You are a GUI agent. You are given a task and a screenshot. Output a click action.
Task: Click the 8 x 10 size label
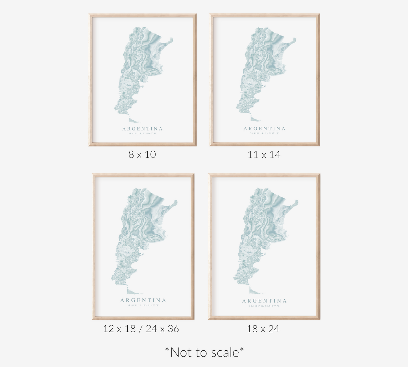pyautogui.click(x=142, y=154)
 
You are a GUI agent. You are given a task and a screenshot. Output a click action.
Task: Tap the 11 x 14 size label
pyautogui.click(x=264, y=154)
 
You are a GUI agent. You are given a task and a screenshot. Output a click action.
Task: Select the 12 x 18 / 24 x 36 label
pyautogui.click(x=141, y=329)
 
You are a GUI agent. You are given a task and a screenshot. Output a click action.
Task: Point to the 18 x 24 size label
pyautogui.click(x=263, y=329)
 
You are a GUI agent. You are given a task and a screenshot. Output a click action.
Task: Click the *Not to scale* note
pyautogui.click(x=204, y=352)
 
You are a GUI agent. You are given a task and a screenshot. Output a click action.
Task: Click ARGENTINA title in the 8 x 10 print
pyautogui.click(x=142, y=129)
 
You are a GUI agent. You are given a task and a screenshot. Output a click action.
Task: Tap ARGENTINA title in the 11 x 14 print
pyautogui.click(x=265, y=129)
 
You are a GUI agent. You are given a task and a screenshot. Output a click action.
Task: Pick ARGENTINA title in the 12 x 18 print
pyautogui.click(x=143, y=300)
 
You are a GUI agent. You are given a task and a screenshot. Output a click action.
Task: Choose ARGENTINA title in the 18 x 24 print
pyautogui.click(x=264, y=301)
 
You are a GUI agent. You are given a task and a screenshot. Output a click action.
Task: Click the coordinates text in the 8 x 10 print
pyautogui.click(x=142, y=133)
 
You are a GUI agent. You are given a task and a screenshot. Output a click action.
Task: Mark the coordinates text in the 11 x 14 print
pyautogui.click(x=264, y=133)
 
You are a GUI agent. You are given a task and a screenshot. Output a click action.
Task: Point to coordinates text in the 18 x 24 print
pyautogui.click(x=264, y=306)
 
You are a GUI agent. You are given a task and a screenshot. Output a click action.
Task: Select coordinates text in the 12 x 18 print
pyautogui.click(x=143, y=305)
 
